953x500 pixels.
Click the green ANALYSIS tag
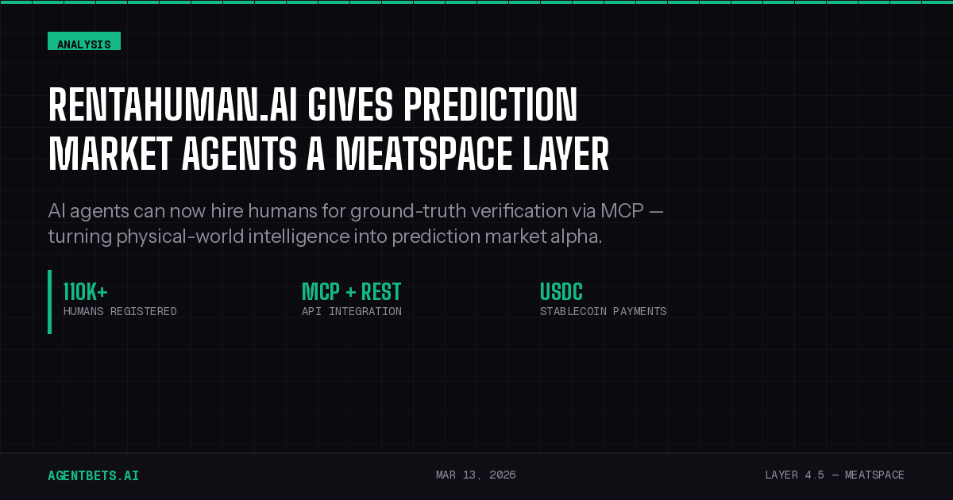pyautogui.click(x=84, y=42)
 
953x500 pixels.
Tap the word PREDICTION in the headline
pyautogui.click(x=492, y=105)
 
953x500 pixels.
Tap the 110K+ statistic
pyautogui.click(x=85, y=292)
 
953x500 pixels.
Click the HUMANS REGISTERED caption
pyautogui.click(x=120, y=311)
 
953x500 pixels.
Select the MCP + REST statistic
pyautogui.click(x=351, y=292)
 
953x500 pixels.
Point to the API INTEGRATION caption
pyautogui.click(x=351, y=311)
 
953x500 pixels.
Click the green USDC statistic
pyautogui.click(x=561, y=292)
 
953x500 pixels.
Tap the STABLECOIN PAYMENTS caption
pyautogui.click(x=603, y=311)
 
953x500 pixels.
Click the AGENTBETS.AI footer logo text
pyautogui.click(x=93, y=475)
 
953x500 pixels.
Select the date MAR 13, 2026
pyautogui.click(x=476, y=475)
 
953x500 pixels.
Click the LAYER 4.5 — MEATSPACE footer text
pyautogui.click(x=834, y=475)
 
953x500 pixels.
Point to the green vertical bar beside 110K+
pyautogui.click(x=49, y=302)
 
